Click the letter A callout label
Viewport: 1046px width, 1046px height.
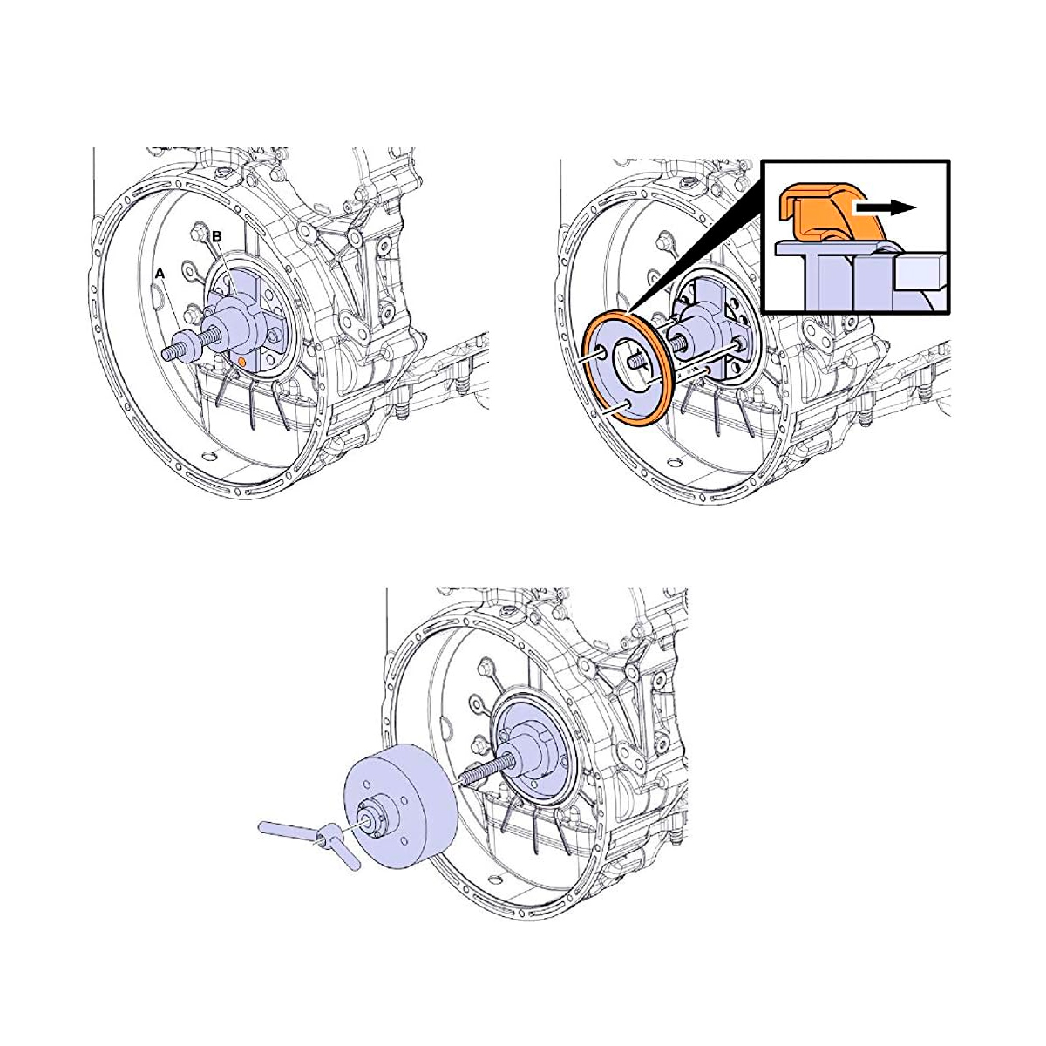tap(159, 274)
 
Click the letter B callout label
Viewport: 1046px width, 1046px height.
tap(216, 236)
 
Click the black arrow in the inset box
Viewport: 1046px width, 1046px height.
tap(885, 207)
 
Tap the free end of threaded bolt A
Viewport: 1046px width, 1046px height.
tap(166, 353)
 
